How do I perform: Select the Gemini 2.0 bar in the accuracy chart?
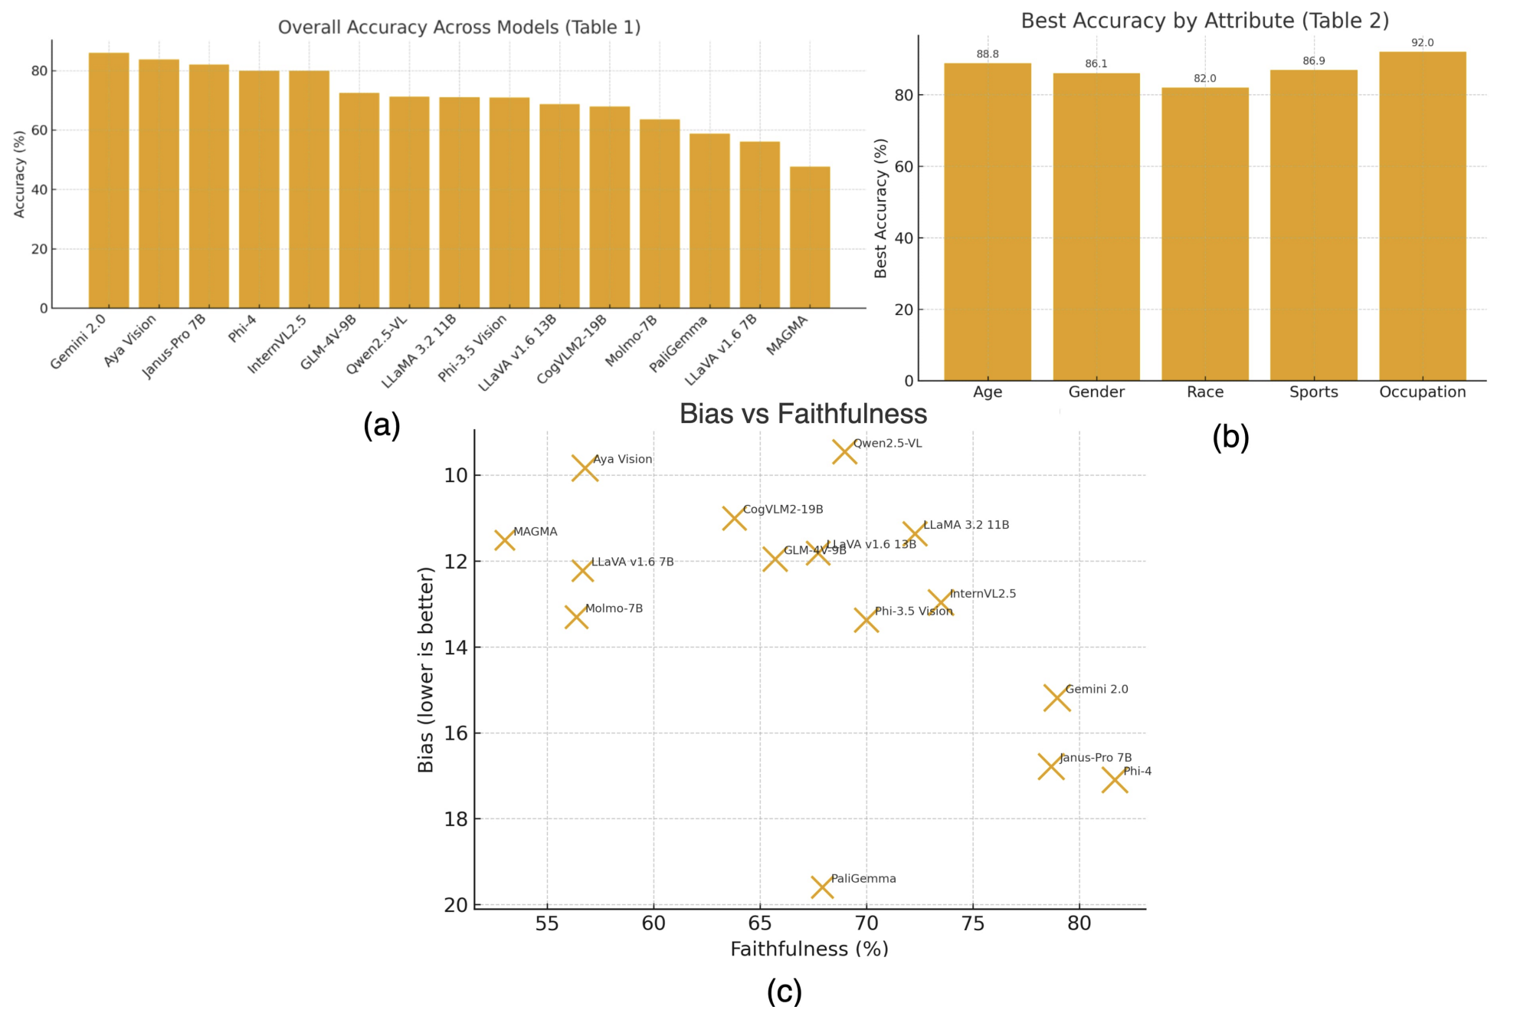(109, 181)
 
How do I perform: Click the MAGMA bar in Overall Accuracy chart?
(810, 238)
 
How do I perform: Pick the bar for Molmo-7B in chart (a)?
(660, 214)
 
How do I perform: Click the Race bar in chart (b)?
(1204, 234)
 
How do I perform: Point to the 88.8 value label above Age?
(988, 54)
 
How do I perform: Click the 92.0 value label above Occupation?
(1422, 43)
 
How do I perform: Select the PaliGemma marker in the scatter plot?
(822, 887)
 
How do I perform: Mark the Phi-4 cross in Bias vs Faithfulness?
(1115, 781)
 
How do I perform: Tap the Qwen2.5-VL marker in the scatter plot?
(844, 452)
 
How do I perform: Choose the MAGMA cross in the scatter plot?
(504, 540)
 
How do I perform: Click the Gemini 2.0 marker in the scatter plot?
(1056, 698)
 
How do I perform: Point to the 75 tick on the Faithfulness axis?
(973, 923)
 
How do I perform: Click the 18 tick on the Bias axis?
(456, 819)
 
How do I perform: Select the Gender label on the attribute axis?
(1096, 392)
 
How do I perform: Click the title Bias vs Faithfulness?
(803, 414)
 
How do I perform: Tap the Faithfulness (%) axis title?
(809, 949)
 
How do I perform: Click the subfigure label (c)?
(785, 991)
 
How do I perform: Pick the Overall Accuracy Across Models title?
(459, 28)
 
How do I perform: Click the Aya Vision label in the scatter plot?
(623, 459)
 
